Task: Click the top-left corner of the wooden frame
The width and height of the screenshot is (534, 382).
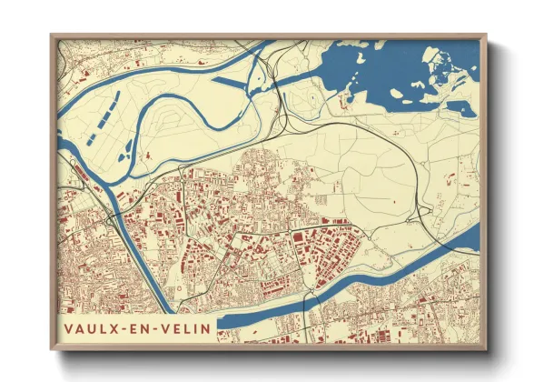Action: click(52, 37)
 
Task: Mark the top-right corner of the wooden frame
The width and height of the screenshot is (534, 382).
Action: click(486, 37)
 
